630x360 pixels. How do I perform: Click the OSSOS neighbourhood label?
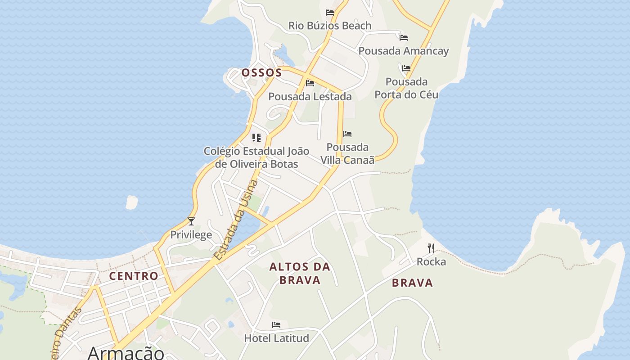(261, 72)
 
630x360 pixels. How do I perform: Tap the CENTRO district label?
(134, 276)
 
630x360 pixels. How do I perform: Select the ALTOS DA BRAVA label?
(300, 273)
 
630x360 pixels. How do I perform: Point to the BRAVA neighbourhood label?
(412, 283)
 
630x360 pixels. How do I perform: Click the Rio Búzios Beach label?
(330, 26)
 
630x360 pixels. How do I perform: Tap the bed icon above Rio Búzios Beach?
(330, 13)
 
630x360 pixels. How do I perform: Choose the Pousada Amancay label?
(404, 51)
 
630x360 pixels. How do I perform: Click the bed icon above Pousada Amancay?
(404, 38)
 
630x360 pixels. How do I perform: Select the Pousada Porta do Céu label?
(406, 88)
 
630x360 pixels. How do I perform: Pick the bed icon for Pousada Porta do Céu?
(406, 68)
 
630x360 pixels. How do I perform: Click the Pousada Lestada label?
(310, 96)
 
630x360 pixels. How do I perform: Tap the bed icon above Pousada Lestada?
(310, 83)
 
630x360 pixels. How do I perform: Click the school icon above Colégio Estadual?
(256, 138)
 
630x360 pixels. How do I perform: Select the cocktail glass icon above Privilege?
(191, 221)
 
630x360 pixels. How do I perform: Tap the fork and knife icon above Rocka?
(431, 248)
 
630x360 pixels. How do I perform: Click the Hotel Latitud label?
(276, 338)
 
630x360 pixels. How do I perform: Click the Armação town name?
(126, 353)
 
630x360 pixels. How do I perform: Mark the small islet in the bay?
(131, 202)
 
